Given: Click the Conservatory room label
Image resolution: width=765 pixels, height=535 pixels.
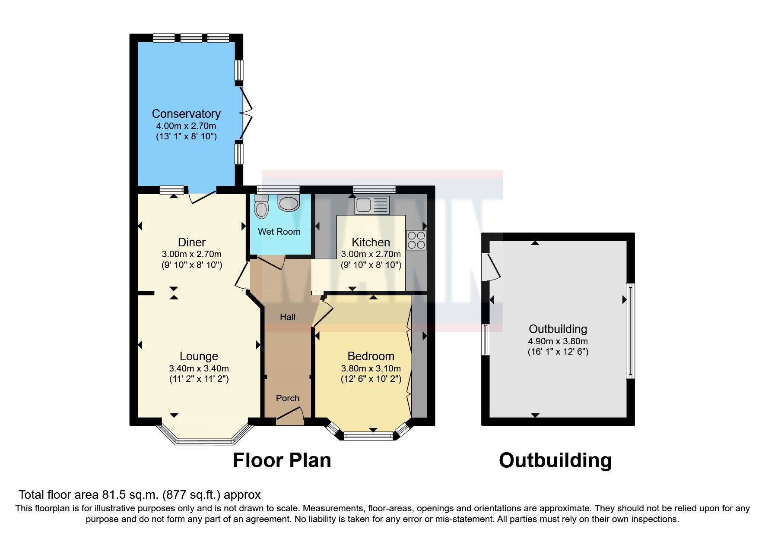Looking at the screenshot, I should click(186, 114).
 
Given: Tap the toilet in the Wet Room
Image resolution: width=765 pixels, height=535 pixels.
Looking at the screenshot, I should click(261, 207).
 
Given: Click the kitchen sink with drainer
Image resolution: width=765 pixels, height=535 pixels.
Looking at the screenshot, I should click(372, 205).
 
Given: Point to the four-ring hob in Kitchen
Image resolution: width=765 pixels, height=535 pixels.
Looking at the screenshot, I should click(416, 240).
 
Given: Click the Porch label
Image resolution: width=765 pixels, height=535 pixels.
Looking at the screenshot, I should click(288, 398).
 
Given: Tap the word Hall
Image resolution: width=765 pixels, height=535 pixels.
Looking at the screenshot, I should click(288, 317).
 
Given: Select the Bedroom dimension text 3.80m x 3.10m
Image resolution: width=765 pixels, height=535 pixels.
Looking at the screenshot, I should click(371, 368).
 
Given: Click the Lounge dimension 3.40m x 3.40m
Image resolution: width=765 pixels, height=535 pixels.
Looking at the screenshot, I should click(199, 368).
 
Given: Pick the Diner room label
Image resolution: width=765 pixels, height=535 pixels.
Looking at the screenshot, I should click(192, 242).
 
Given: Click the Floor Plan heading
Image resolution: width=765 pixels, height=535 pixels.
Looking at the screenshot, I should click(282, 460).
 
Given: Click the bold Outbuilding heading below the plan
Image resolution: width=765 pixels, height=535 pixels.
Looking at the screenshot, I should click(555, 460).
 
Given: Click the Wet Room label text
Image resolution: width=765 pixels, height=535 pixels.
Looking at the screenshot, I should click(279, 232).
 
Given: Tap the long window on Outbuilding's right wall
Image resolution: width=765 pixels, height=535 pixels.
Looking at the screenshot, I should click(631, 331).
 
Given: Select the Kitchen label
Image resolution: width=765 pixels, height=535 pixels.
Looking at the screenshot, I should click(371, 242).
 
